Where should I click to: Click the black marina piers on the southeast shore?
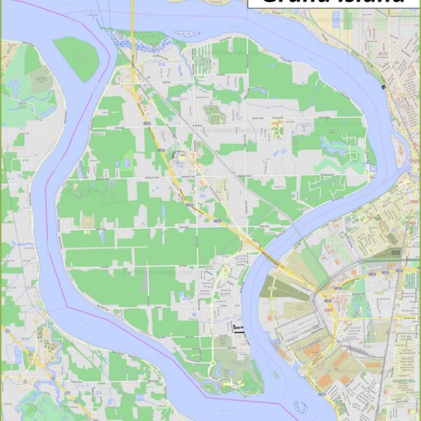[x=239, y=329]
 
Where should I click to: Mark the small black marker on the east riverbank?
[x=383, y=86]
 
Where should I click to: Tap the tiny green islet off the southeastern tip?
[x=276, y=375]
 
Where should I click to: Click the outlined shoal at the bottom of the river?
[x=299, y=406]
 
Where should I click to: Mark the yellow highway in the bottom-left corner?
[x=32, y=357]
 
